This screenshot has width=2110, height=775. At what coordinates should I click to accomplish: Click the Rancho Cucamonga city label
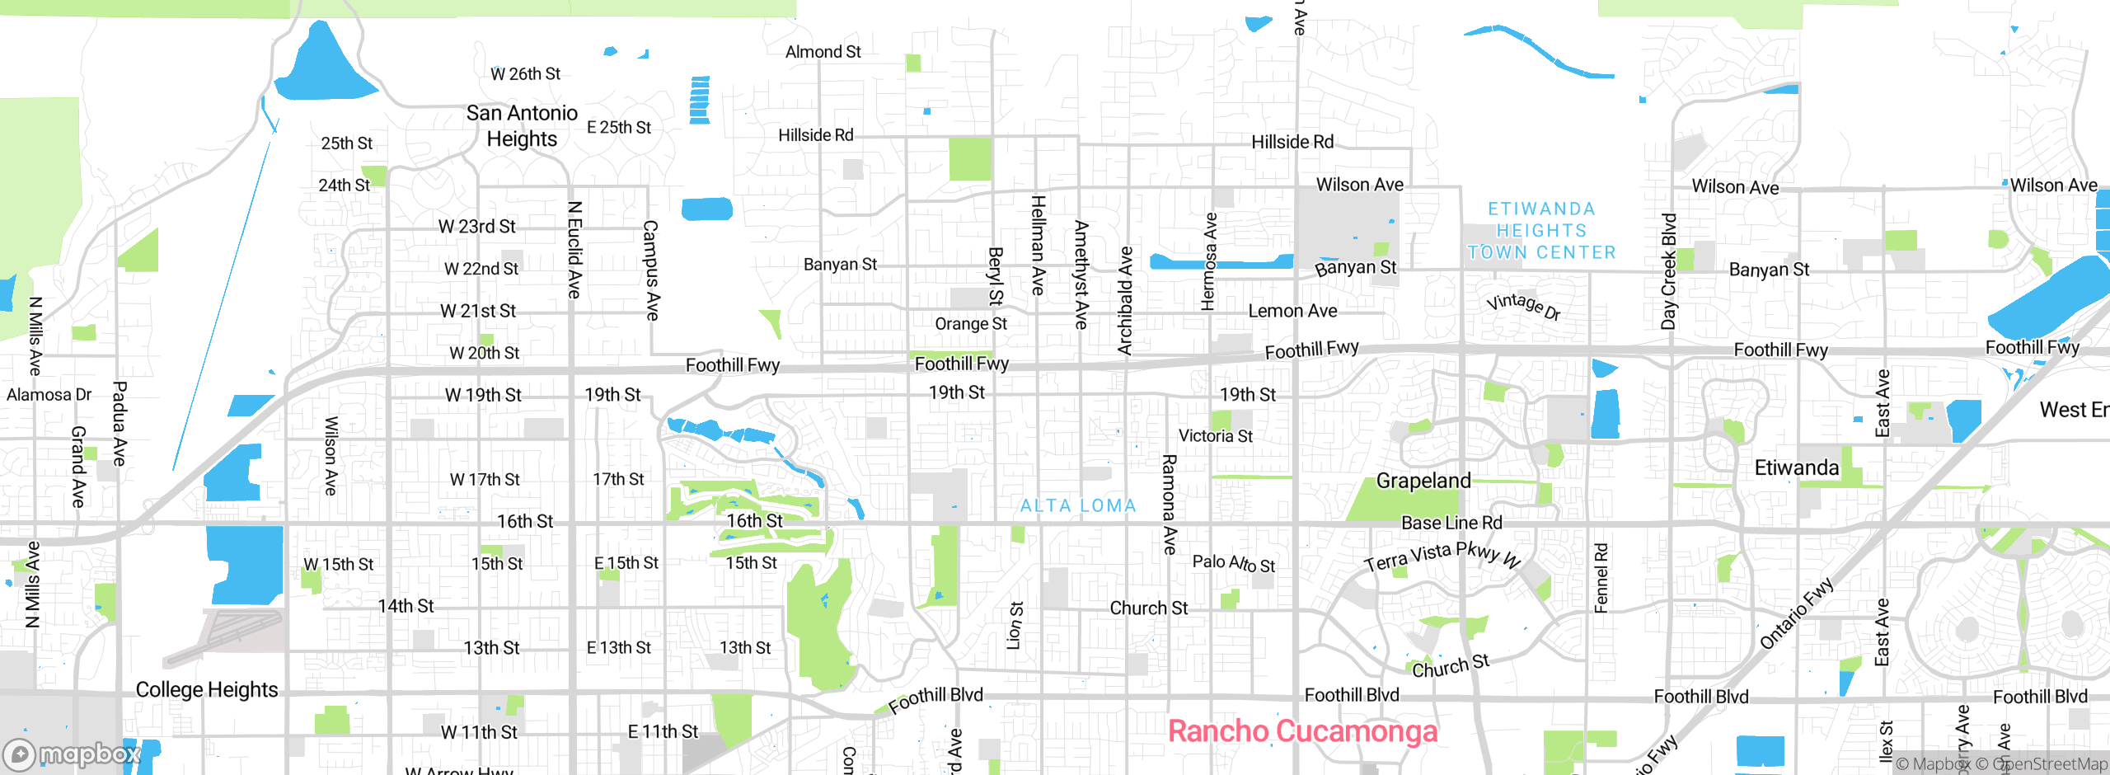(1302, 731)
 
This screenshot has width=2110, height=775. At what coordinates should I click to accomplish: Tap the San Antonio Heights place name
(522, 125)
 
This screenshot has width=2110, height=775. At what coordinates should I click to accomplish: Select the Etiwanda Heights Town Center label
(1541, 231)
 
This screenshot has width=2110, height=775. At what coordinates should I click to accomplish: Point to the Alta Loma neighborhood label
(1078, 505)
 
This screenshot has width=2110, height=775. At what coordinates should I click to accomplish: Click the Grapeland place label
(1423, 481)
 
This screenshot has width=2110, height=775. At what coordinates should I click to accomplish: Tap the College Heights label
(206, 689)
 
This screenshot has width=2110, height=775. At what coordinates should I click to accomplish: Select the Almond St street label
(823, 52)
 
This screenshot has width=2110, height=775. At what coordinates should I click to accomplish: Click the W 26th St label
(525, 74)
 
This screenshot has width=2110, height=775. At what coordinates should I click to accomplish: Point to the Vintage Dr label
(1523, 306)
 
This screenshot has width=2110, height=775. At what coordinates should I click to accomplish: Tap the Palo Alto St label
(1233, 563)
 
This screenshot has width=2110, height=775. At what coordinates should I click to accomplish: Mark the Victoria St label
(1215, 436)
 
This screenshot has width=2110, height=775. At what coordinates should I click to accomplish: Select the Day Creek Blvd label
(1669, 271)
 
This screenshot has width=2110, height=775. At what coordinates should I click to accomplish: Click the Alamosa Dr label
(49, 395)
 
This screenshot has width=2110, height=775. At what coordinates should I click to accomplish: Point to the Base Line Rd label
(1451, 523)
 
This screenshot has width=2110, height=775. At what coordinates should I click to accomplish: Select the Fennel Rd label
(1601, 578)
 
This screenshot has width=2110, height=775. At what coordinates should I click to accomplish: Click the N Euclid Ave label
(575, 250)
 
